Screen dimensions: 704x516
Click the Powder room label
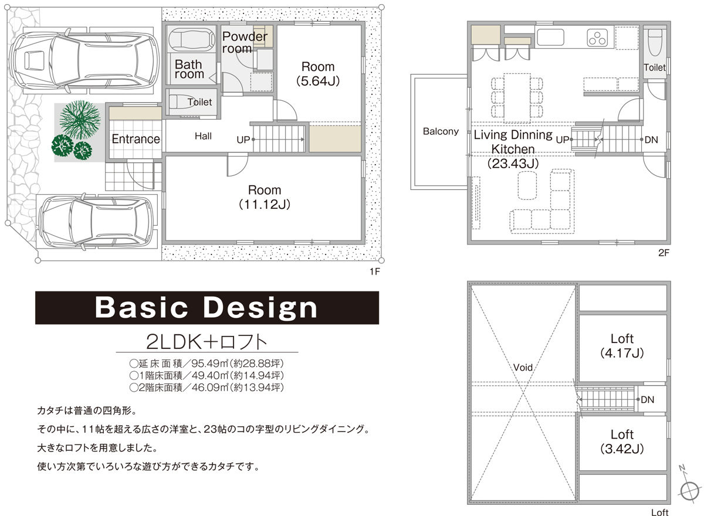tap(245, 42)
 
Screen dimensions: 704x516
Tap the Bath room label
tap(189, 69)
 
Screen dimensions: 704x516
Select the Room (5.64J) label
tap(318, 74)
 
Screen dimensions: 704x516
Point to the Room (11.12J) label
tap(265, 197)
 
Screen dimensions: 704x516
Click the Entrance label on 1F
tap(136, 139)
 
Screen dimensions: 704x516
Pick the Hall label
tap(203, 136)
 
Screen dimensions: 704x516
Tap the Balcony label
tap(441, 131)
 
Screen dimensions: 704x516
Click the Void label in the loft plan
tap(523, 367)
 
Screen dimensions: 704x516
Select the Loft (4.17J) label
tap(622, 346)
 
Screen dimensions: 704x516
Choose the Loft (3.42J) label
tap(622, 442)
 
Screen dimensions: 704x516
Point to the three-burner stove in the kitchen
tap(597, 38)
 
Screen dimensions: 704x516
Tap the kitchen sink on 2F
tap(550, 37)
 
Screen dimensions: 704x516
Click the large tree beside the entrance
tap(80, 120)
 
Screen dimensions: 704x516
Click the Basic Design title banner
tap(207, 307)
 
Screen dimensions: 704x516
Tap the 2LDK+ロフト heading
tap(207, 342)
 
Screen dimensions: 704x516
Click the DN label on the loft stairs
tap(647, 399)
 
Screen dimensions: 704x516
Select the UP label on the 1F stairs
tap(243, 140)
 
